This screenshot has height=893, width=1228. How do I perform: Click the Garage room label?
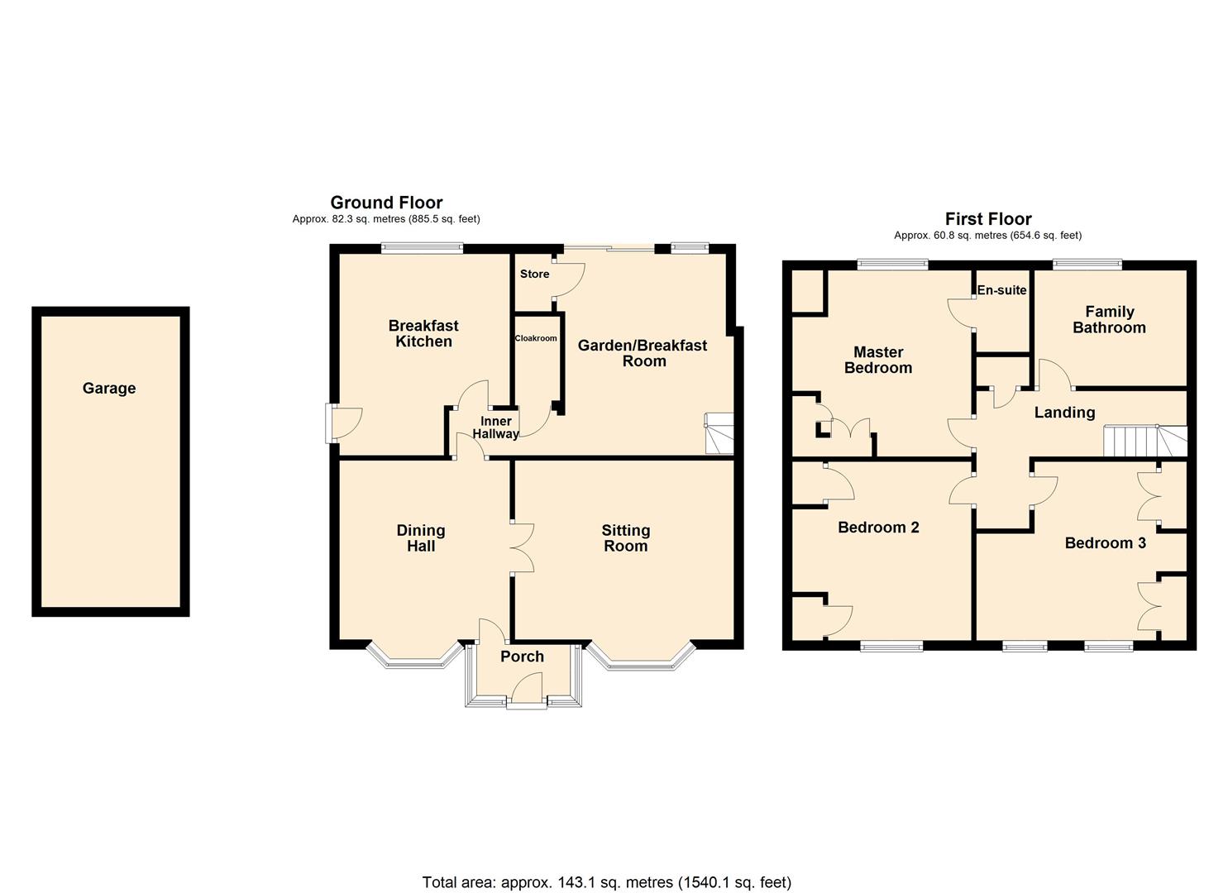tap(109, 388)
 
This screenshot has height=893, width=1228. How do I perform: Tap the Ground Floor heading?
tap(386, 203)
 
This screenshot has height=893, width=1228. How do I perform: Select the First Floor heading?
tap(988, 219)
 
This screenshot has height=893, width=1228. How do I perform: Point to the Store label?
tap(534, 274)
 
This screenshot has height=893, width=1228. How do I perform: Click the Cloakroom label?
tap(536, 338)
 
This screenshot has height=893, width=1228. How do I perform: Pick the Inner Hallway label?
tap(496, 427)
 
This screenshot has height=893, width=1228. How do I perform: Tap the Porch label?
tap(522, 657)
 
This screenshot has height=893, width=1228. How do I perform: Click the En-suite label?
tap(1001, 290)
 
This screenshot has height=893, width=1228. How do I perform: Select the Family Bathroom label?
tap(1109, 319)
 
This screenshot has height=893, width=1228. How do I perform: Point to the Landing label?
tap(1064, 413)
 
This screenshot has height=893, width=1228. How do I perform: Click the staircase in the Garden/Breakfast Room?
tap(718, 433)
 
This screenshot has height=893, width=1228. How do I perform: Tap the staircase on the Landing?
tap(1145, 441)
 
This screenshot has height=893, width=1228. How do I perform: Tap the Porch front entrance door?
tap(527, 691)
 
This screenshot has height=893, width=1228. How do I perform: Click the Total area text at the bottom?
tap(606, 882)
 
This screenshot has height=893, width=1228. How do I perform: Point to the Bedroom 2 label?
tap(878, 528)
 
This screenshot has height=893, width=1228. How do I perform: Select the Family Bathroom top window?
tap(1087, 265)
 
